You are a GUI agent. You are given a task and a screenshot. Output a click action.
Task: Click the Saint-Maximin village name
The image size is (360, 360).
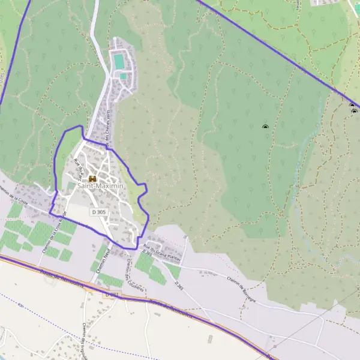(x=100, y=187)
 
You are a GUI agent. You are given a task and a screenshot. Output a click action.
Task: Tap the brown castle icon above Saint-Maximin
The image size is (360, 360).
(x=92, y=178)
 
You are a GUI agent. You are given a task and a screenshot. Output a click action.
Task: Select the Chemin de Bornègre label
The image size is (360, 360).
(x=227, y=292)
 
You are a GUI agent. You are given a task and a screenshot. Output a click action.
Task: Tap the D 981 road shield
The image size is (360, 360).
(x=109, y=295)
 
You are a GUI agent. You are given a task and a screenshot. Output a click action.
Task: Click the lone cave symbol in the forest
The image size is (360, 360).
(x=265, y=127)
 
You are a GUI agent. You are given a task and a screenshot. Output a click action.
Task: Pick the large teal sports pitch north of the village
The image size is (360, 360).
(x=120, y=61)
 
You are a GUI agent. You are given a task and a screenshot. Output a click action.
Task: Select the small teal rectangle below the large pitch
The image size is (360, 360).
(x=124, y=76)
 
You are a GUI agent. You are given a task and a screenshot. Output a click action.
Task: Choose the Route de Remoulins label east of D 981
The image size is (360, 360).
(x=170, y=309)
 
